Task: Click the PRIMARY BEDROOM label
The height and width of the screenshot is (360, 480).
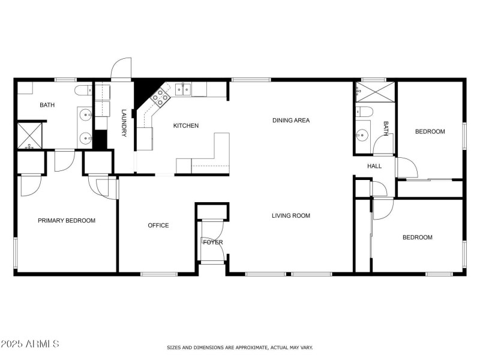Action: coord(67,221)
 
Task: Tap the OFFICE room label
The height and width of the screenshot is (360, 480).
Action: coord(158,226)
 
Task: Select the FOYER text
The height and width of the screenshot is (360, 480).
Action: coord(212,242)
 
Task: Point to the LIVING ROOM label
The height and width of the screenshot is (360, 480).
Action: coord(290,215)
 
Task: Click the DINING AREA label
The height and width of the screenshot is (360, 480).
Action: coord(290,121)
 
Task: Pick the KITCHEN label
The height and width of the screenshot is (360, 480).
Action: coord(185,125)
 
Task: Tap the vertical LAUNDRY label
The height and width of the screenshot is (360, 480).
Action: coord(124,122)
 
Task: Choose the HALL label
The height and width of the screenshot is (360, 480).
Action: coord(374,166)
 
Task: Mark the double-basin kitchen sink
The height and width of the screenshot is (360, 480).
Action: coord(183,90)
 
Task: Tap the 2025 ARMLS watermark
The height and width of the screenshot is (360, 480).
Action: coord(30,344)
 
